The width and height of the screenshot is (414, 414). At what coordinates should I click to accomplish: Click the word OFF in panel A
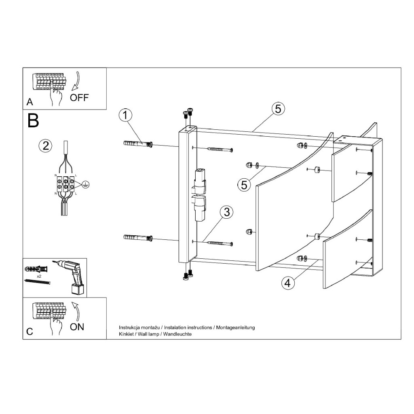pos(79,98)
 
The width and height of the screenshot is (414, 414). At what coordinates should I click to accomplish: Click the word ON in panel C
pos(77,327)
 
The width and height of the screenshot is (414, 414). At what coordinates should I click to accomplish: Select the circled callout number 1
pos(125,115)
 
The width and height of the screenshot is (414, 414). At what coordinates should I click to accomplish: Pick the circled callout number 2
pos(45,146)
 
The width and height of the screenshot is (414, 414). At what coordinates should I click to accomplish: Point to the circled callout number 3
pos(227,213)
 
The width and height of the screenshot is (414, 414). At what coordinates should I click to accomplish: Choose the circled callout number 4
pos(287,283)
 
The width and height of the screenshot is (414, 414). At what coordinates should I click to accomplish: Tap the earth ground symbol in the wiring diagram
pos(85,185)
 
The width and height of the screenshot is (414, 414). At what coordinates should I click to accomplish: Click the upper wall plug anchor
pos(138,144)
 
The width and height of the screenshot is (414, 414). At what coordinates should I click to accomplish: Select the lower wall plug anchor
pos(138,237)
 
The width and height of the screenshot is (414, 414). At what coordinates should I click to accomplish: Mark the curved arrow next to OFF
pos(76,80)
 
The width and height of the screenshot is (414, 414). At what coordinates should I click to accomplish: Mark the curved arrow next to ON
pos(77,312)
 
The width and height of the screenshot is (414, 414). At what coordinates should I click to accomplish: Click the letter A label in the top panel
pos(30,102)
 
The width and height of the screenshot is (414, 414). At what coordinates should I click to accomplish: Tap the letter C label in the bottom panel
pos(30,332)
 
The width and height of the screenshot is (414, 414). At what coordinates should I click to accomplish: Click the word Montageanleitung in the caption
pos(236,327)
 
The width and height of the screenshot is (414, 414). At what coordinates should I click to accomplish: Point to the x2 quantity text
pos(39,276)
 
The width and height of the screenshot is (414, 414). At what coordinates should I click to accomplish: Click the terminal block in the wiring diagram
pos(65,184)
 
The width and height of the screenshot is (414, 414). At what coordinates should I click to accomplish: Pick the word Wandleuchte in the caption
pos(177,334)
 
